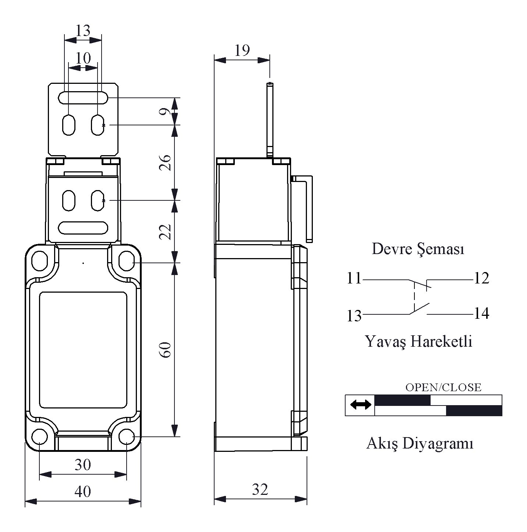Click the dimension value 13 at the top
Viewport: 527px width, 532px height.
(x=83, y=30)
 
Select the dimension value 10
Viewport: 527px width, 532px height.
(x=83, y=58)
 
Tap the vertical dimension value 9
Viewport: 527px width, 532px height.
(x=167, y=111)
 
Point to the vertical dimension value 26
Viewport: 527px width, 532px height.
(x=166, y=163)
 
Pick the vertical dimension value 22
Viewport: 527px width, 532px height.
(x=166, y=232)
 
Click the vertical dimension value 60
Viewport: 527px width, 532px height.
(x=166, y=350)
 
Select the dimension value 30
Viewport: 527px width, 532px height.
(x=83, y=465)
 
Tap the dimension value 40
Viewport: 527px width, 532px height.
(x=83, y=491)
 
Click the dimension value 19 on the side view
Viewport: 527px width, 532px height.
(x=242, y=50)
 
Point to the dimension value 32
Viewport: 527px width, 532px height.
(x=260, y=489)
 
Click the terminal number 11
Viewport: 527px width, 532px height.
(x=354, y=278)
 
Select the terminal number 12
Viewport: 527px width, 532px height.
(x=481, y=278)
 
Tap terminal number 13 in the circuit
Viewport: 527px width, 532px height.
(x=354, y=315)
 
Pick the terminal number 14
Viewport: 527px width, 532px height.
(x=481, y=314)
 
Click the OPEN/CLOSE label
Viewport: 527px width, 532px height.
(x=443, y=387)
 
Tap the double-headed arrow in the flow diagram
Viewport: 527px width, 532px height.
(x=360, y=405)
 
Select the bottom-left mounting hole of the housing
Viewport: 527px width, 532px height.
(x=40, y=437)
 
